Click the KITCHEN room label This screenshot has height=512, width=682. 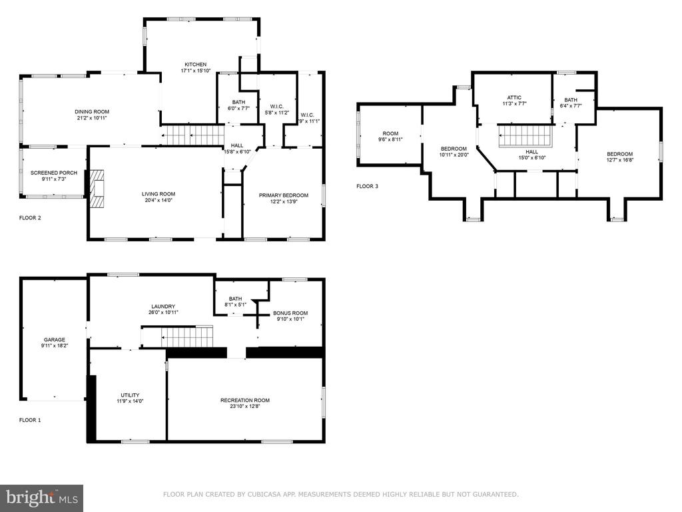195,65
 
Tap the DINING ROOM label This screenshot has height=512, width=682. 92,112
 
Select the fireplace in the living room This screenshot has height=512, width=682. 97,189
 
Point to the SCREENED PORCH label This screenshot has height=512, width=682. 54,173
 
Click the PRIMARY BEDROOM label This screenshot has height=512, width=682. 284,195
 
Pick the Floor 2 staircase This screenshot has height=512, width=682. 192,135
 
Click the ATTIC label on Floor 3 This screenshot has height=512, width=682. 514,97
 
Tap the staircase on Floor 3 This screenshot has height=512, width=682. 525,136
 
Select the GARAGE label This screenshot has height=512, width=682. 55,339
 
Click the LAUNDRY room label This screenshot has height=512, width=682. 163,307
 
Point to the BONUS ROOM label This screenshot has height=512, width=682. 290,313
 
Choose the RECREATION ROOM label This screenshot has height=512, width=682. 245,400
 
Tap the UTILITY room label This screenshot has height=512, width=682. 130,395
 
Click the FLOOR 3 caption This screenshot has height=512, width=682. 367,187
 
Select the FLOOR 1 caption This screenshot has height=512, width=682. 30,420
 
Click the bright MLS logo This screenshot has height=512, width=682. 42,498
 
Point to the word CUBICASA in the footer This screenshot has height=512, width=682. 265,494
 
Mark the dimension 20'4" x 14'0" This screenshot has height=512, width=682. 159,200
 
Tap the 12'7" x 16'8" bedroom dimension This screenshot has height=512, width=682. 620,160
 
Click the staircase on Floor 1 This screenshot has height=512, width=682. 177,336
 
